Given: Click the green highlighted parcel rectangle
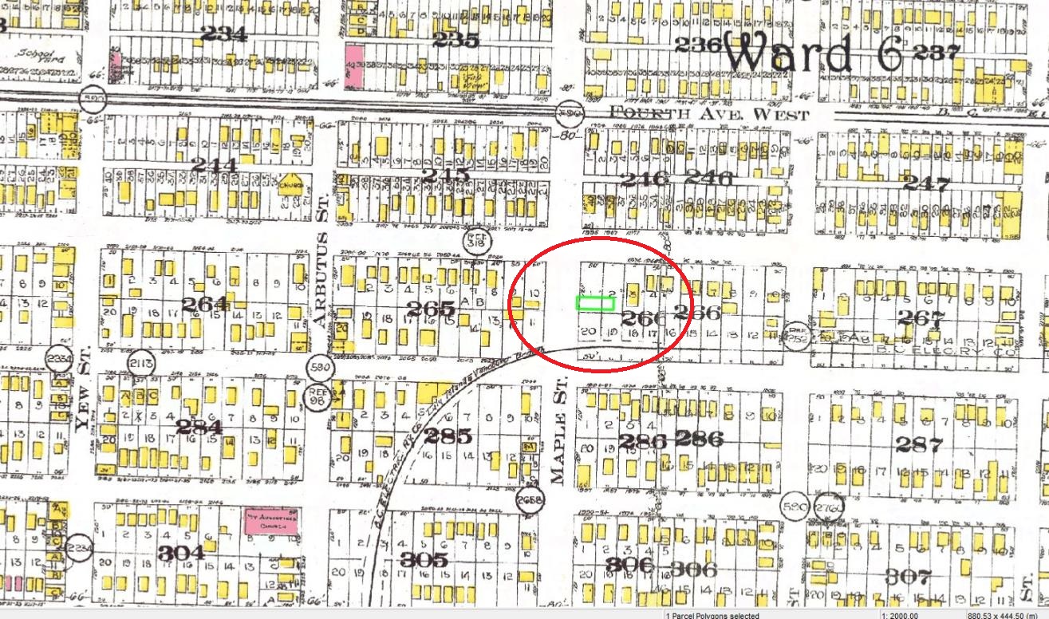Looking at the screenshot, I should click(595, 302).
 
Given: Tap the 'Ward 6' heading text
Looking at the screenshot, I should click(814, 53).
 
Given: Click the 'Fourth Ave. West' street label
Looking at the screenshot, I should click(709, 114).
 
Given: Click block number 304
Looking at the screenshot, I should click(180, 553).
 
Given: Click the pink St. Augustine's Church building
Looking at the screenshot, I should click(270, 523).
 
